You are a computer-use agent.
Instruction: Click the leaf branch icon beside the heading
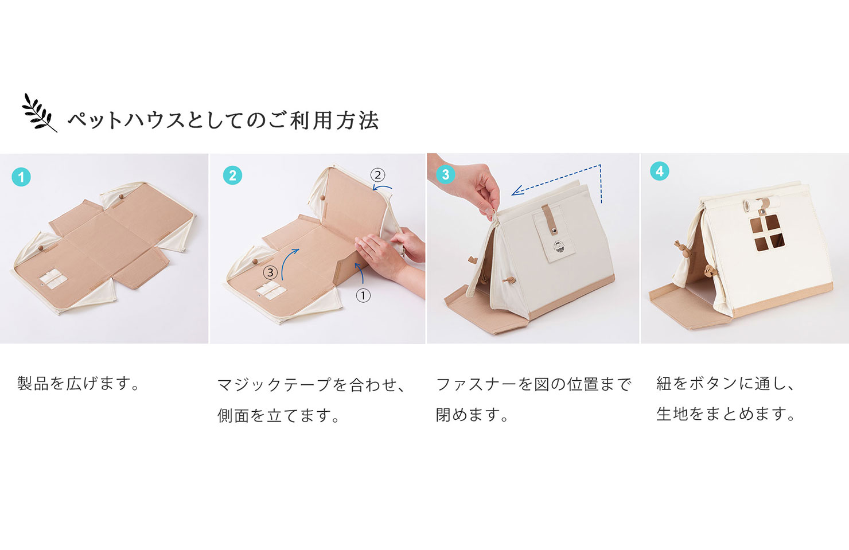(38, 112)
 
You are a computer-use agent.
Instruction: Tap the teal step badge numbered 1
(21, 177)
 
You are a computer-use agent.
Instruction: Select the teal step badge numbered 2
(232, 175)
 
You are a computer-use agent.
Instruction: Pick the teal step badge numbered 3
(445, 174)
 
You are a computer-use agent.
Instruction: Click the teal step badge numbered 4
(660, 171)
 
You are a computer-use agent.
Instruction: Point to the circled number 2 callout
(377, 175)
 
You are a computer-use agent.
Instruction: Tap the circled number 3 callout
(270, 272)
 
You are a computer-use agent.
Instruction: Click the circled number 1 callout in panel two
(363, 296)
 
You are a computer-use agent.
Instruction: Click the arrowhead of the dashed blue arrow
(516, 192)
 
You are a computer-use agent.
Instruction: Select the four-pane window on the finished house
(766, 233)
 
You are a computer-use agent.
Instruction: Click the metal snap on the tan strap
(554, 230)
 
